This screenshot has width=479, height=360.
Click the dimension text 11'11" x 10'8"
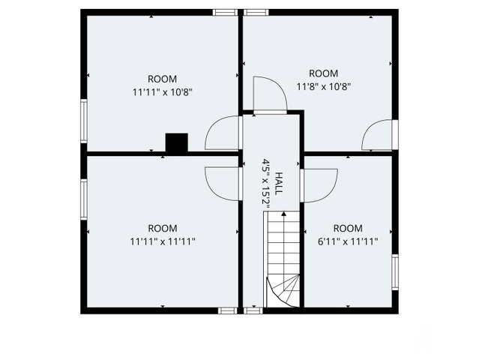162,92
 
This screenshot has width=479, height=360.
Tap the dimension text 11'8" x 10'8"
324,87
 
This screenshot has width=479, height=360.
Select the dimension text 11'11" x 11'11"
163,241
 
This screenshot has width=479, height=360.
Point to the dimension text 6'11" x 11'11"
348,241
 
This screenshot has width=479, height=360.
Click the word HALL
279,183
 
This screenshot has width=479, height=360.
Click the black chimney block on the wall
177,142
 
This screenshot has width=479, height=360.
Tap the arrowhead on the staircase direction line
284,214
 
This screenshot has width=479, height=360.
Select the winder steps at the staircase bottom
283,291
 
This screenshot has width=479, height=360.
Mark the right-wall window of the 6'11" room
395,272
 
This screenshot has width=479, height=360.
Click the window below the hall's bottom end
253,310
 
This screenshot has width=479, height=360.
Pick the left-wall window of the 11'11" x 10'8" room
84,121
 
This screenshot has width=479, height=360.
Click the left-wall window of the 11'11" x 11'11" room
84,199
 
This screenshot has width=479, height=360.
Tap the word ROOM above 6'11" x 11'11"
348,228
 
